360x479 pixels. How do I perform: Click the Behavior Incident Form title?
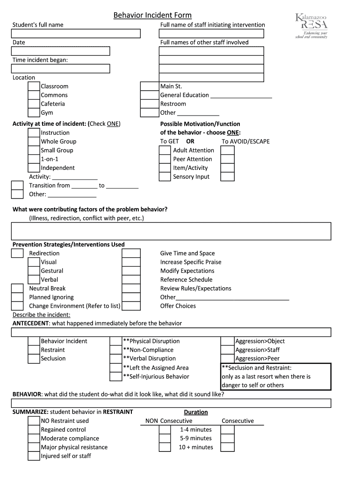coord(152,15)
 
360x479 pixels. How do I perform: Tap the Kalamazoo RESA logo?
coord(311,26)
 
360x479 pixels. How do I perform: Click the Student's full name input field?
coord(76,33)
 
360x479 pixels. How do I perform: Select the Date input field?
coord(61,51)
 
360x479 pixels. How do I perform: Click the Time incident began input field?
coord(61,69)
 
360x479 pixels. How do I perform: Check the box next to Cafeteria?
coord(34,104)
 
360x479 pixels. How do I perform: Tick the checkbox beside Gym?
coord(34,113)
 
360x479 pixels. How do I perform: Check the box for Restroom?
coord(150,104)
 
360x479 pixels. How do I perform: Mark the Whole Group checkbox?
coord(34,142)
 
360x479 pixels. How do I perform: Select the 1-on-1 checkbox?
coord(34,159)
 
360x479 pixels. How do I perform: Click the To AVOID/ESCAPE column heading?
coord(245,142)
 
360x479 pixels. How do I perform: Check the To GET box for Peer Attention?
coord(165,159)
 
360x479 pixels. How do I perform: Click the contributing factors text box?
coord(171,231)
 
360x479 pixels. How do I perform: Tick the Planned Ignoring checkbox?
coord(17,297)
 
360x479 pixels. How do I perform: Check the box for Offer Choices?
coord(131,306)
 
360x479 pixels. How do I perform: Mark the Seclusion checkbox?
coord(34,359)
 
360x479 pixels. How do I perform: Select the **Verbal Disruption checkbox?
coord(115,359)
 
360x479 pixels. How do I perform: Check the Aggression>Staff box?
coord(227,350)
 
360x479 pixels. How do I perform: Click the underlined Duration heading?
coord(196,412)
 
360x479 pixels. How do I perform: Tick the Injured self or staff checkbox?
coord(34,456)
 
